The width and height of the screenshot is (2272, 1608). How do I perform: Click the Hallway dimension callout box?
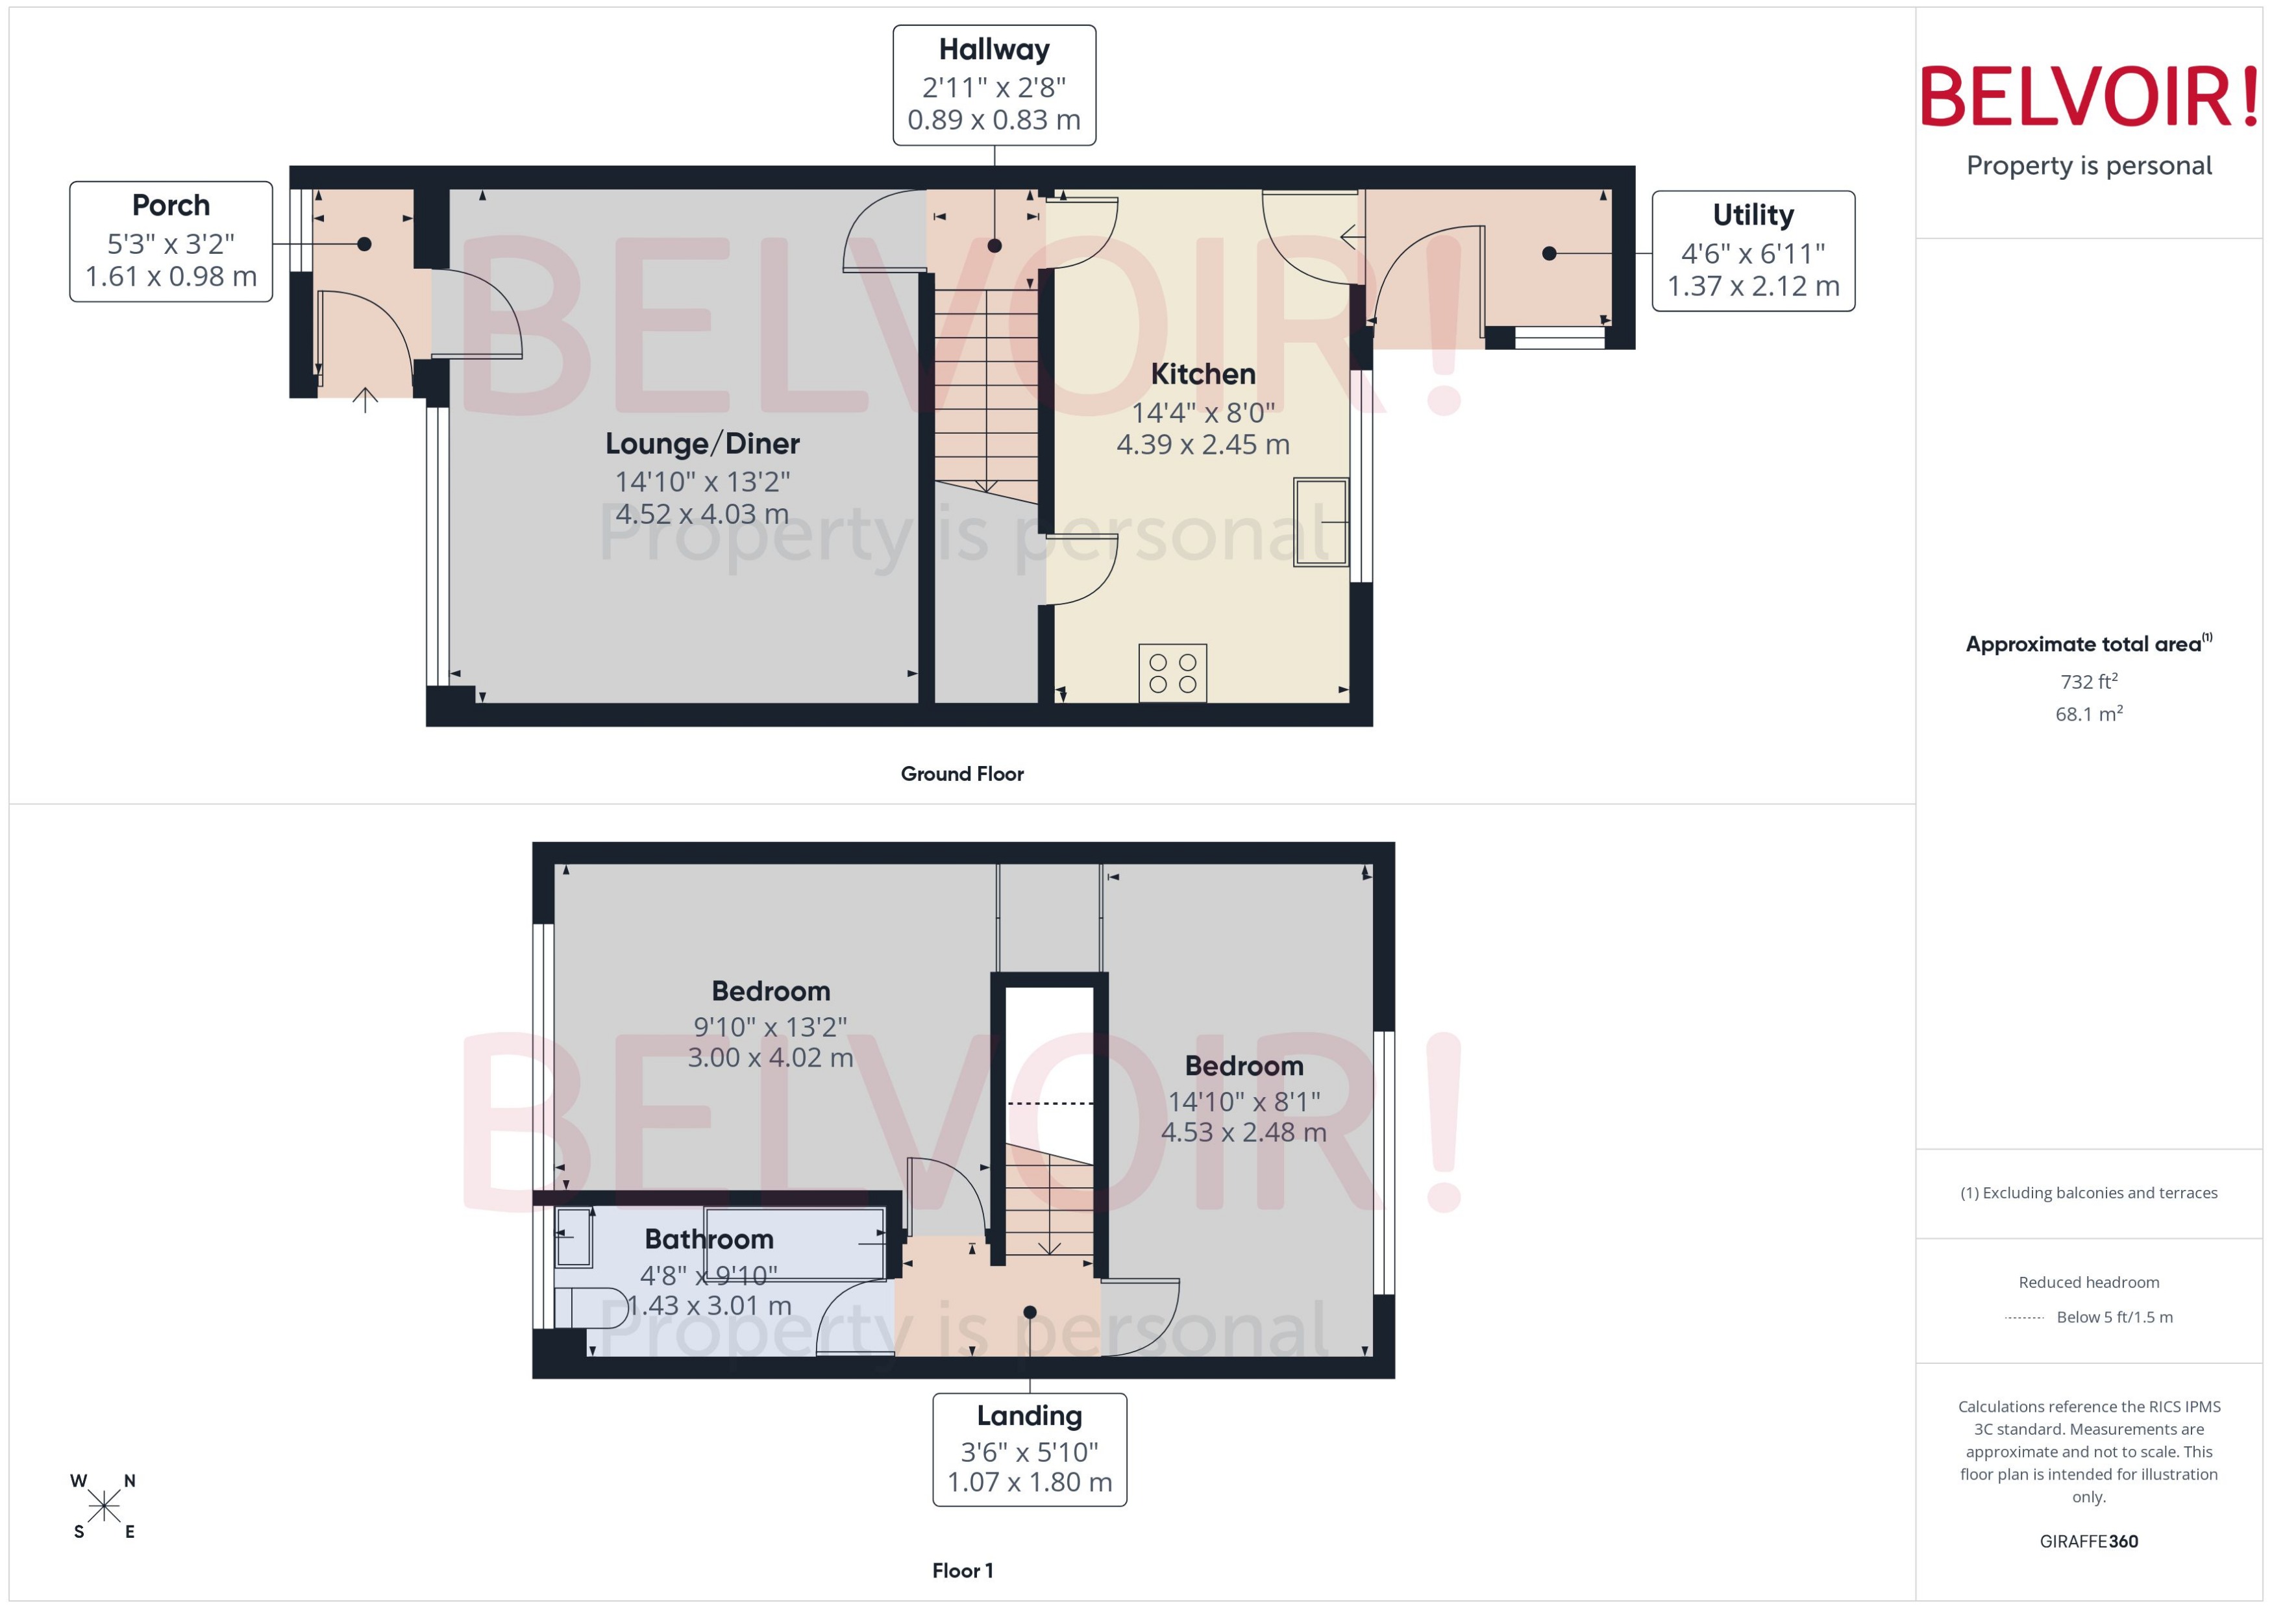tap(993, 85)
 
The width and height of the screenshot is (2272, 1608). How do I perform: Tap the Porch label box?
tap(170, 241)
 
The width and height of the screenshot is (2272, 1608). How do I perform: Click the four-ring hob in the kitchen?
tap(1172, 673)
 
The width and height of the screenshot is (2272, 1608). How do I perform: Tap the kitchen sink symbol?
tap(1320, 522)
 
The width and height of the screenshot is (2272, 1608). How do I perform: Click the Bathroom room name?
tap(709, 1239)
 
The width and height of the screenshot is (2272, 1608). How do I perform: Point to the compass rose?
tap(103, 1506)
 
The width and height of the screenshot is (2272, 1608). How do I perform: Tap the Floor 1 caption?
tap(961, 1570)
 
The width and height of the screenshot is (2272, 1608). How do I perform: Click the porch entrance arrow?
tap(365, 400)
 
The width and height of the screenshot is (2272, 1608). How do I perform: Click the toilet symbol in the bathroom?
tap(590, 1307)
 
